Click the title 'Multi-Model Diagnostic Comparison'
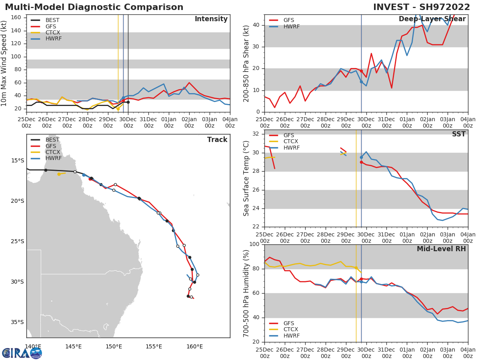pos(94,7)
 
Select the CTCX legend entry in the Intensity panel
pos(52,32)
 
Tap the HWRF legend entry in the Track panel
pos(54,158)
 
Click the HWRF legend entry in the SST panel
pos(291,148)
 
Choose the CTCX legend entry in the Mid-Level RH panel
pos(291,329)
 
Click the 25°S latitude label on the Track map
pos(17,242)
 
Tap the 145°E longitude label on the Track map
pos(73,346)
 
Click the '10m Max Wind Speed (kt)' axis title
pos(4,63)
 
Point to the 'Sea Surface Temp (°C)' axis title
pos(246,178)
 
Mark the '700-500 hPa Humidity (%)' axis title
pos(246,293)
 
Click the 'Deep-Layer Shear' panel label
pos(432,19)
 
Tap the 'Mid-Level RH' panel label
pos(441,249)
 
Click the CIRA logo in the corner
pos(22,353)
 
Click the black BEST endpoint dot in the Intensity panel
pos(128,102)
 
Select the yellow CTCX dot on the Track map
pos(59,174)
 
